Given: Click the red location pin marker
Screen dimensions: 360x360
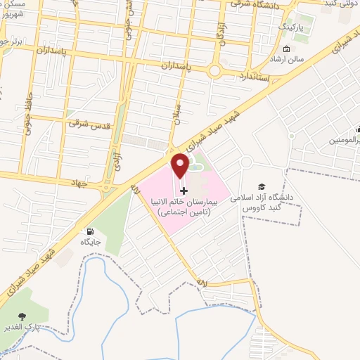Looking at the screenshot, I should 181,166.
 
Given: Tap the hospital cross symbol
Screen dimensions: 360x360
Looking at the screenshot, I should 184,190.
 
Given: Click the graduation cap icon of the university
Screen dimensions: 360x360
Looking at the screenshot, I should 262,186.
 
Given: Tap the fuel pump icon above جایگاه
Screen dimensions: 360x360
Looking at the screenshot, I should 90,231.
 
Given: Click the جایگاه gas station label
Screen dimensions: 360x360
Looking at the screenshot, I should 91,241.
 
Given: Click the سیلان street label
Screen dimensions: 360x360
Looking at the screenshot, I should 178,112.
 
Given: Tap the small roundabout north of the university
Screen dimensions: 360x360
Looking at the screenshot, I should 245,163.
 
